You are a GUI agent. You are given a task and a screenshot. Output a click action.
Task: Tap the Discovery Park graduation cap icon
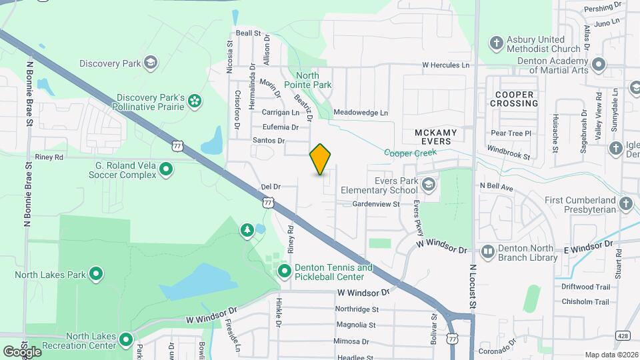point(151,63)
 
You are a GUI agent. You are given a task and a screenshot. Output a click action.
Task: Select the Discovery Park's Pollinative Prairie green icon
point(195,101)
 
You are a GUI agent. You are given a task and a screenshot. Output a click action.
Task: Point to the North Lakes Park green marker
point(96,273)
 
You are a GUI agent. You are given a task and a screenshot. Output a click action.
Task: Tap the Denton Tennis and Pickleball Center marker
point(285,271)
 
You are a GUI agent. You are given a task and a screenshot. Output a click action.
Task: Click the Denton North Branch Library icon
point(488,252)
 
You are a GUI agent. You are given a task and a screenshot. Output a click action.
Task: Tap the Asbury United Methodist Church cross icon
point(495,44)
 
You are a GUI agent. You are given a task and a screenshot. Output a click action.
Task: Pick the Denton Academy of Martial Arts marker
point(599,65)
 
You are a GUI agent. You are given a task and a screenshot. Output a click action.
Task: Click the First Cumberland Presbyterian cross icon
point(625,204)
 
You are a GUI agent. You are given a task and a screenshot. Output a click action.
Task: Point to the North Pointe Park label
point(307,80)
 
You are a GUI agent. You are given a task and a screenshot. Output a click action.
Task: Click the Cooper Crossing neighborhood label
point(514,99)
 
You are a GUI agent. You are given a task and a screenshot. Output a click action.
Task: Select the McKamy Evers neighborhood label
point(437,137)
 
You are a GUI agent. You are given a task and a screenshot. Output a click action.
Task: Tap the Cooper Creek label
point(410,153)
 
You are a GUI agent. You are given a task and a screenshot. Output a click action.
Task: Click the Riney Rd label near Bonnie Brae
point(49,157)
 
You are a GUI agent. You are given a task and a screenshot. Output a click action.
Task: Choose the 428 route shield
point(623,335)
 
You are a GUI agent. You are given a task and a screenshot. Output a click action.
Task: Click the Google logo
point(21,351)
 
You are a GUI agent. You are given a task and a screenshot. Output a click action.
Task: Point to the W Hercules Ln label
point(445,65)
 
